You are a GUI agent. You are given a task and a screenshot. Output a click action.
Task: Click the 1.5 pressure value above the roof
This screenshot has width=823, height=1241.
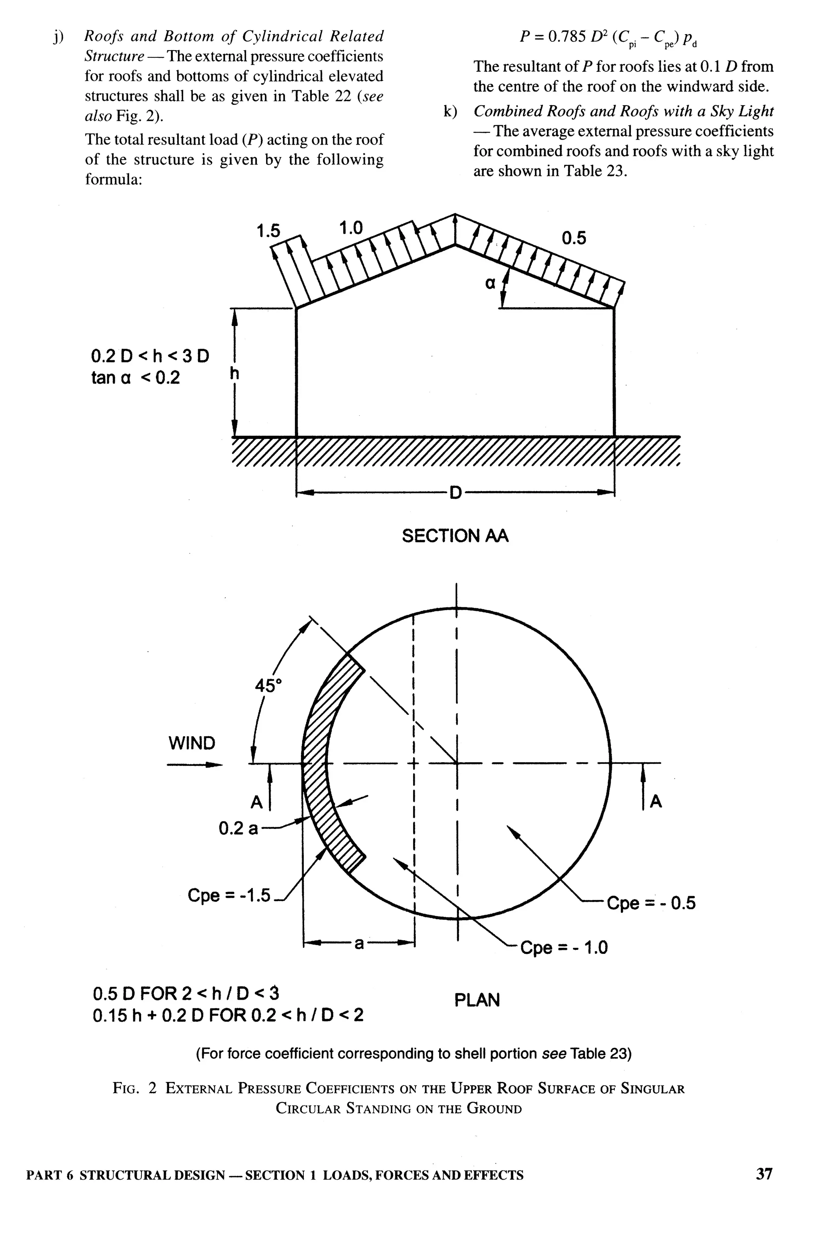pyautogui.click(x=268, y=231)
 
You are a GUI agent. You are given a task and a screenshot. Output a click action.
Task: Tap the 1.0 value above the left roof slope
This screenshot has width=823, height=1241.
pyautogui.click(x=350, y=228)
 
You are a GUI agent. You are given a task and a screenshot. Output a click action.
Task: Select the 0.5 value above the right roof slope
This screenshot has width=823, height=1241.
pyautogui.click(x=574, y=238)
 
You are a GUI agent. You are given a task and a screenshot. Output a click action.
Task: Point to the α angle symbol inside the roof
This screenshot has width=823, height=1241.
pyautogui.click(x=490, y=284)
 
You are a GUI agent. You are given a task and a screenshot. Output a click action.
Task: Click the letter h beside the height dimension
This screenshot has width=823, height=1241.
pyautogui.click(x=235, y=374)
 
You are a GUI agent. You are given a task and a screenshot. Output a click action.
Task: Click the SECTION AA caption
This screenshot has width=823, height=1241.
pyautogui.click(x=455, y=536)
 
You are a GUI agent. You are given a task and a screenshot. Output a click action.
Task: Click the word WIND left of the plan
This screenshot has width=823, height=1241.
pyautogui.click(x=192, y=743)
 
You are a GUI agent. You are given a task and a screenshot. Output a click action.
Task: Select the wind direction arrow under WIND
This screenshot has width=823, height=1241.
pyautogui.click(x=194, y=765)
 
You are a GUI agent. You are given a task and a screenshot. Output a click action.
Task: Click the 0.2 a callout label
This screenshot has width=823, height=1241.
pyautogui.click(x=238, y=829)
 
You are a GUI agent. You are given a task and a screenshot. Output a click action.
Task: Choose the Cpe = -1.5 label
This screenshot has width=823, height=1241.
pyautogui.click(x=229, y=895)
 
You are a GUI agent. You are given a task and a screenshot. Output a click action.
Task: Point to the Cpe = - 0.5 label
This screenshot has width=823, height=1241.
pyautogui.click(x=651, y=903)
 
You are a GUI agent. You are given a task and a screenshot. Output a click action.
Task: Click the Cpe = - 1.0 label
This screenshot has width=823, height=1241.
pyautogui.click(x=564, y=947)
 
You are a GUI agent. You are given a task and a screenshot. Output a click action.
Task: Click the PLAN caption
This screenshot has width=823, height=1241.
pyautogui.click(x=477, y=1000)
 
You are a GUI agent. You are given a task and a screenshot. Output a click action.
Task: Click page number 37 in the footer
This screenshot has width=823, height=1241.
pyautogui.click(x=764, y=1174)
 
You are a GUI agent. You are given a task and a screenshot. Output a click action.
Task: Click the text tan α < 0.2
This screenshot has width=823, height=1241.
pyautogui.click(x=135, y=378)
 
